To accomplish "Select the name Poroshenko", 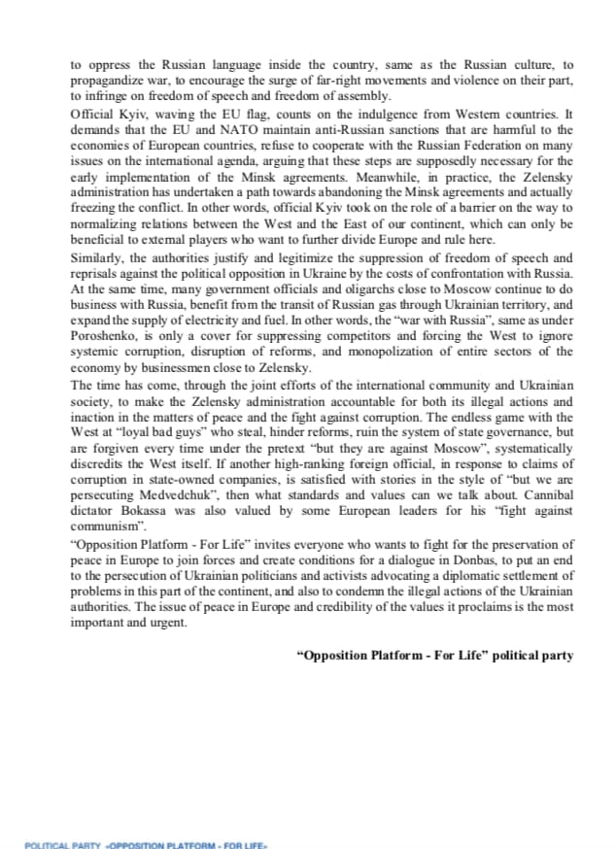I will click(108, 337).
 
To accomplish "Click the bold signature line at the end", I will click(434, 656).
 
